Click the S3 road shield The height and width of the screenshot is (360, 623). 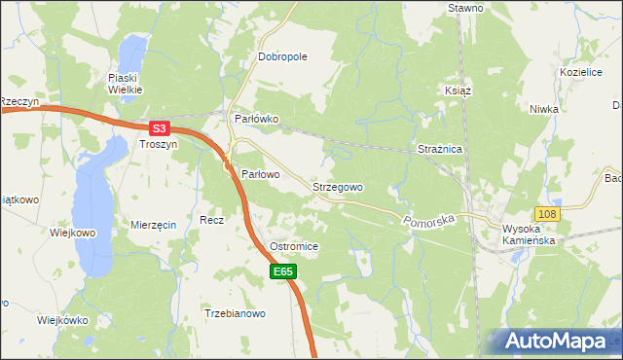click(161, 126)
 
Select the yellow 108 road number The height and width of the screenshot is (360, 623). click(547, 213)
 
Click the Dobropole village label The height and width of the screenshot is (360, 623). click(282, 56)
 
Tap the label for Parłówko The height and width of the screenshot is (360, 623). click(257, 119)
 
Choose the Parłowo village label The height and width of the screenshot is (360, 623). click(260, 174)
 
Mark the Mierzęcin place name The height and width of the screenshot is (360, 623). click(153, 225)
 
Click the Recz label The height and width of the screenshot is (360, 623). click(211, 220)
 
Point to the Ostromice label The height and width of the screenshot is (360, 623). click(294, 247)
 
